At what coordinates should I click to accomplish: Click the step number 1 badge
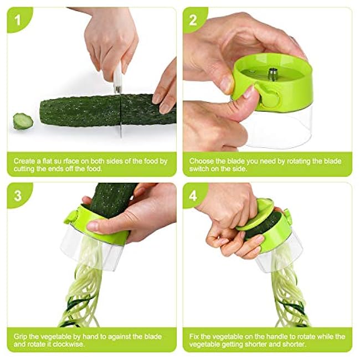coord(18,20)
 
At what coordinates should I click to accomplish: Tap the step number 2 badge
coord(193,20)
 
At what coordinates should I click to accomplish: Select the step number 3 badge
coord(18,196)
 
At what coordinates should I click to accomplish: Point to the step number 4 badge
coord(193,196)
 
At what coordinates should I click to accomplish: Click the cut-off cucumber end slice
coord(23,121)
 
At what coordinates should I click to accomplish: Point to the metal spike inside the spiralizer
coord(272,74)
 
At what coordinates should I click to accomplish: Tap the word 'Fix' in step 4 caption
coord(194,337)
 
